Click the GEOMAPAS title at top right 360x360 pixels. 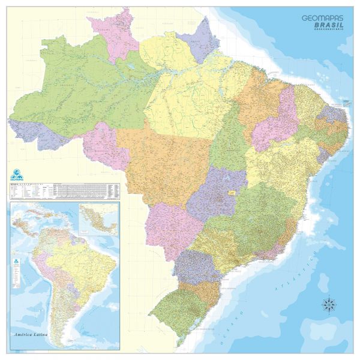click(x=323, y=19)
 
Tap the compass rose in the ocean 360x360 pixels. click(x=329, y=304)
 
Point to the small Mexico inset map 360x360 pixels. click(x=98, y=220)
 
